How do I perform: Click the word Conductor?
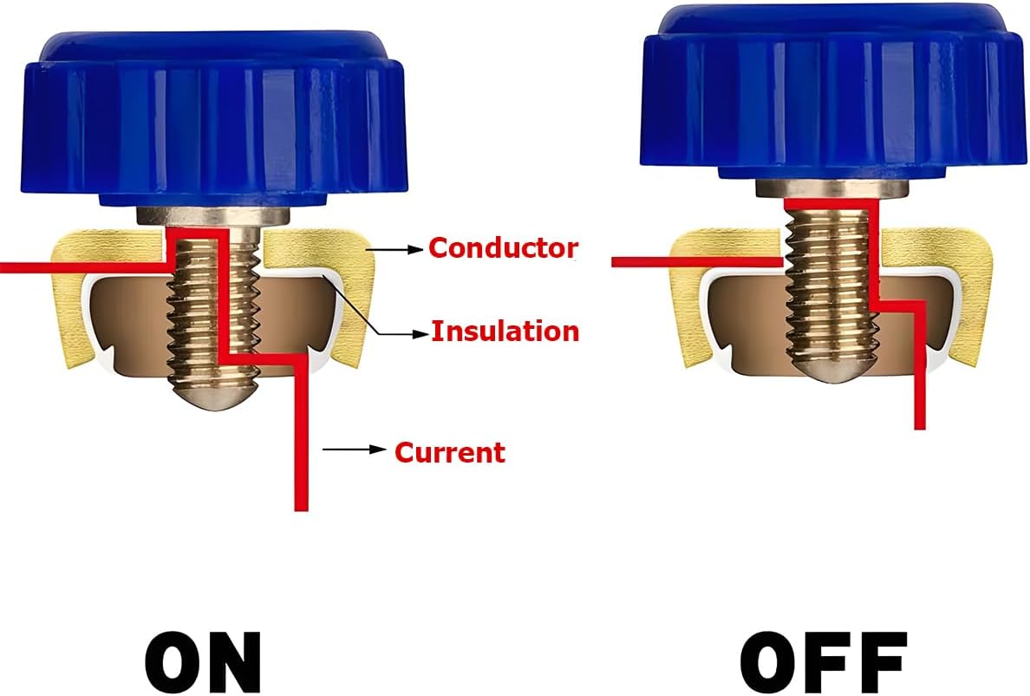pyautogui.click(x=504, y=248)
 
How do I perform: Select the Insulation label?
pyautogui.click(x=505, y=331)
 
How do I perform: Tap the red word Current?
pyautogui.click(x=450, y=452)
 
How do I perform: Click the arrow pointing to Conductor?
pyautogui.click(x=395, y=250)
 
